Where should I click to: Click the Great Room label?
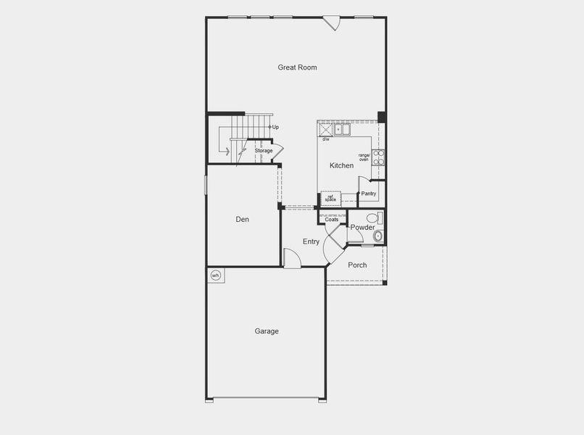pos(297,67)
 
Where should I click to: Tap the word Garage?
pos(267,331)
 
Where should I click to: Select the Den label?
pos(243,219)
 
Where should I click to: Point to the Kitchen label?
pos(341,166)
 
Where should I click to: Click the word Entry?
pos(311,241)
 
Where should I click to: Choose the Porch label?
pos(357,265)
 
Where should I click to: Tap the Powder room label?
pos(363,228)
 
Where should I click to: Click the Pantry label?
pos(369,194)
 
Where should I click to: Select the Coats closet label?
pos(331,220)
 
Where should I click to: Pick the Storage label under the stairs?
pos(263,151)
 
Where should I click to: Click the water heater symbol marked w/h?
pos(215,275)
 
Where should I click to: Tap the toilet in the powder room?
pos(373,217)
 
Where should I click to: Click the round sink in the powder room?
pos(377,236)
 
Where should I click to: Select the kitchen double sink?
pos(341,130)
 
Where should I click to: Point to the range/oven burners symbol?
pos(378,157)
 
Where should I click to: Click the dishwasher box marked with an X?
pos(325,130)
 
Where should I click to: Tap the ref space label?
pos(330,197)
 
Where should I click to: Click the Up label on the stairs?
pos(275,127)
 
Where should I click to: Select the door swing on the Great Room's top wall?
pos(332,23)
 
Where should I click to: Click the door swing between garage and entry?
pos(291,259)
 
